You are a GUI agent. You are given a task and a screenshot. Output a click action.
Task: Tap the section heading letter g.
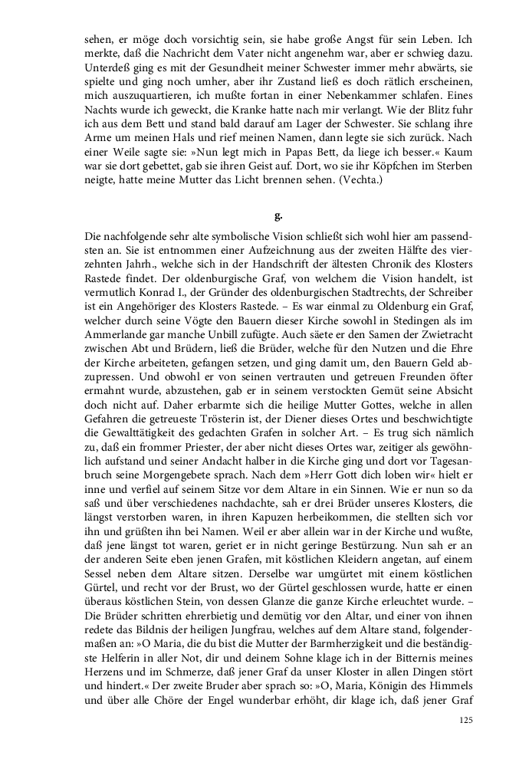tap(278, 215)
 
